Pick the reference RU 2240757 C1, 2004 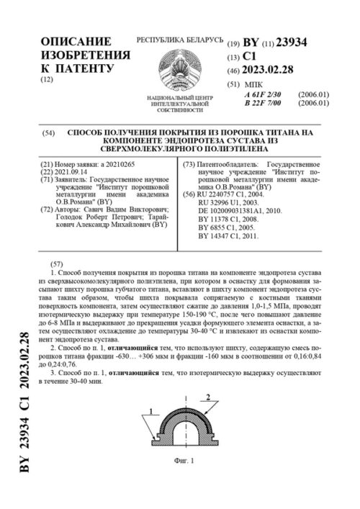227,175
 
